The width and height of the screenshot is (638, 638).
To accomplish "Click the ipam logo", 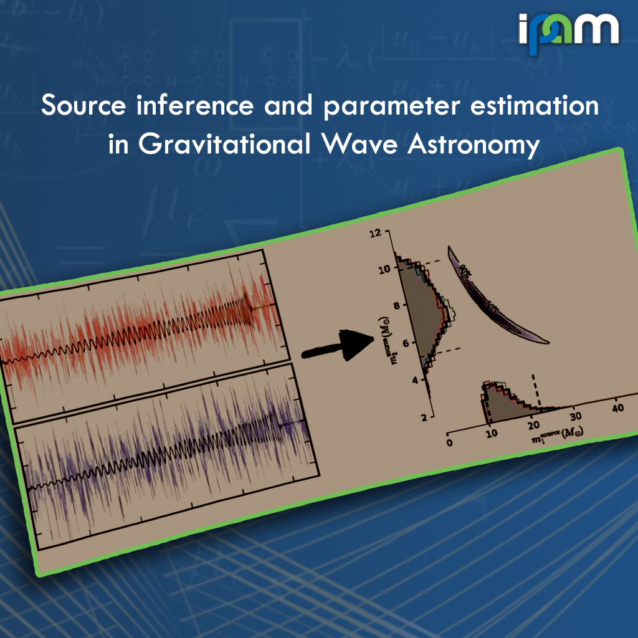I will pos(568,30).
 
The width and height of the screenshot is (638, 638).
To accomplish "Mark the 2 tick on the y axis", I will pos(422,417).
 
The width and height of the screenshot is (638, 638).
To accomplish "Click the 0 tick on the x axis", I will pos(449,442).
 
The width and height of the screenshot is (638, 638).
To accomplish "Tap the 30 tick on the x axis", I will pos(575,416).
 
